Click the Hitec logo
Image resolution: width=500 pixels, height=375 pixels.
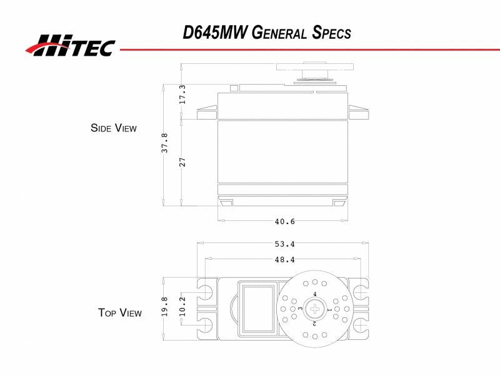tap(70, 45)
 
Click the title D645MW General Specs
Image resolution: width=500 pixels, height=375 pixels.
tap(267, 33)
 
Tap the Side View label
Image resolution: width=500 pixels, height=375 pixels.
tap(113, 128)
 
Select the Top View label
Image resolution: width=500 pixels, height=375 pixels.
tap(119, 312)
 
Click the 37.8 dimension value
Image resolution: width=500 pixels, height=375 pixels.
tap(164, 142)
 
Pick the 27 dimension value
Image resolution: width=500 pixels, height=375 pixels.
tap(182, 162)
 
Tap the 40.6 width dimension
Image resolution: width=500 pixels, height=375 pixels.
tap(284, 221)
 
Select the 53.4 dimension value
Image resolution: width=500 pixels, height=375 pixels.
tap(284, 244)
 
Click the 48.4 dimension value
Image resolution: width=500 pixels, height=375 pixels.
tap(284, 259)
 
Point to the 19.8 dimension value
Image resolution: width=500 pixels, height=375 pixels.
tap(165, 307)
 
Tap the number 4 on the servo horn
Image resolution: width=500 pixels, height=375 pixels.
tap(314, 294)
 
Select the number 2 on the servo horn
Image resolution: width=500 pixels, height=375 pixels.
tap(314, 324)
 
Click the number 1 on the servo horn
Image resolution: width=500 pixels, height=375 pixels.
tap(329, 309)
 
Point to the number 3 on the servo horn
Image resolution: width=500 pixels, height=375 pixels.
tap(300, 309)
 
